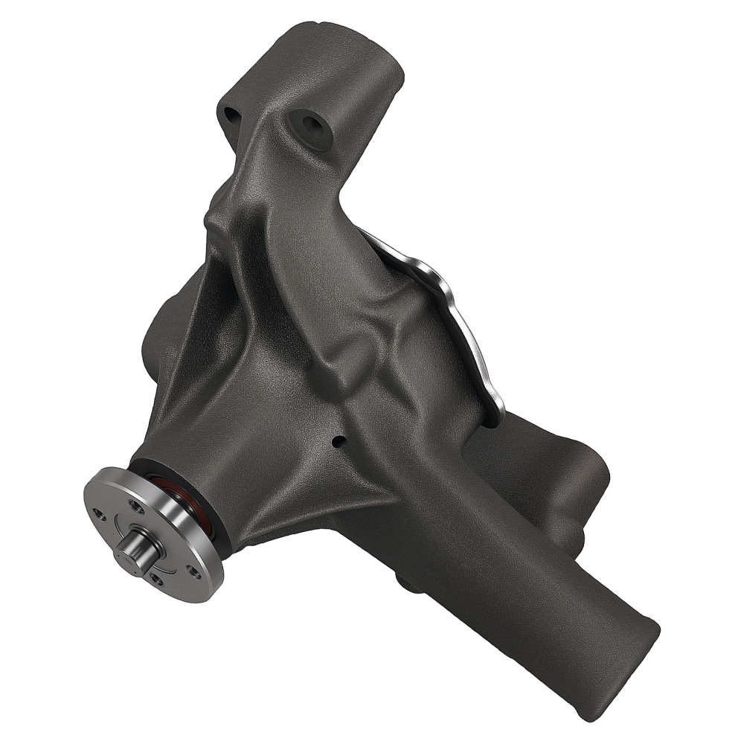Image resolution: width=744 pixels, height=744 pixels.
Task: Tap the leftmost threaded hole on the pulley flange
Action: click(100, 513)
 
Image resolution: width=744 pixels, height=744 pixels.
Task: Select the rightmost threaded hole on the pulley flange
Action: click(193, 571)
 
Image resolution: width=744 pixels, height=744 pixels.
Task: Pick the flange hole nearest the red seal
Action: click(137, 505)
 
